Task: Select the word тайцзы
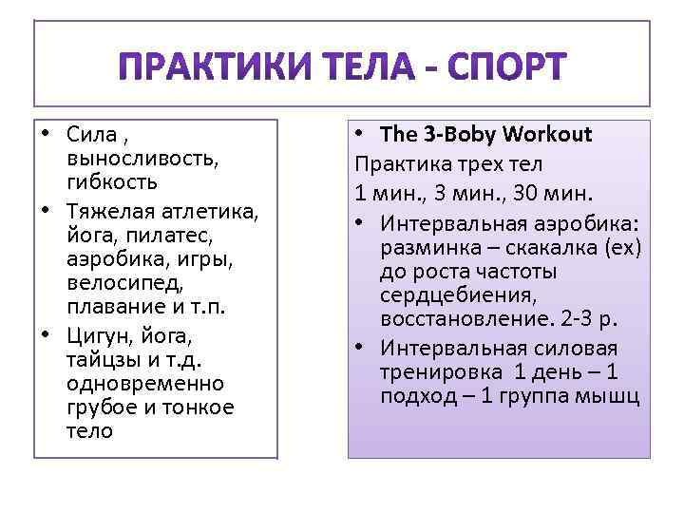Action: point(103,360)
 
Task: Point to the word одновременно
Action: point(144,384)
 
